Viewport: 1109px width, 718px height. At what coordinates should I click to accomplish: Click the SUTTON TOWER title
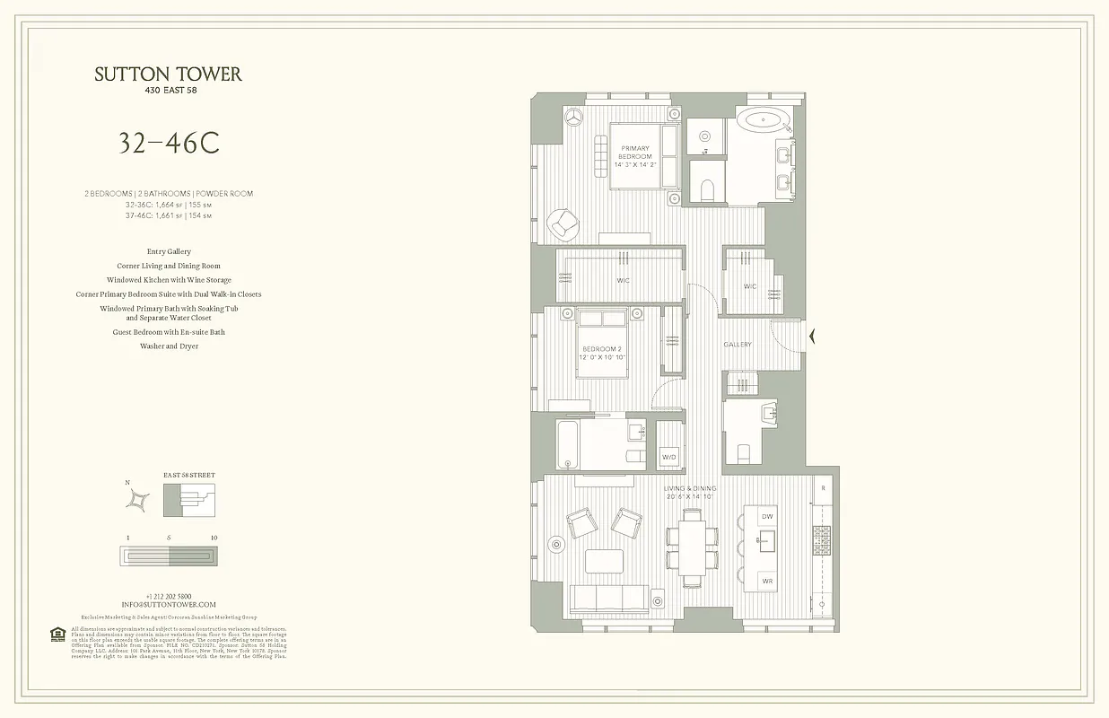(168, 74)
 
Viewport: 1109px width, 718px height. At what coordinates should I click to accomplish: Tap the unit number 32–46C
(169, 143)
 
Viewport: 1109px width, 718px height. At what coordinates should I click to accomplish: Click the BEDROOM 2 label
(601, 353)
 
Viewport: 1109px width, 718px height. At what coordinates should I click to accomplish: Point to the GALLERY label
(738, 345)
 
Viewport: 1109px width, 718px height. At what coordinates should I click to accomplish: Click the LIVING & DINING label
(690, 492)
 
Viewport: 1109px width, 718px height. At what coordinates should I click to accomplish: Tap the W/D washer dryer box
(669, 457)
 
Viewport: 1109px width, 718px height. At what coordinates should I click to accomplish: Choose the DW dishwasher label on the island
(767, 517)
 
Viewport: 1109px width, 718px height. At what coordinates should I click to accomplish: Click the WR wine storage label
(767, 581)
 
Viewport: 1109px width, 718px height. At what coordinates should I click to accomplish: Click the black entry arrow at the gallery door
(813, 337)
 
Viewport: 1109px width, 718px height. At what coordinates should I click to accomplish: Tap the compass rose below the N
(138, 504)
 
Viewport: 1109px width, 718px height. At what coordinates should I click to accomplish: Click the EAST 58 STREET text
(188, 475)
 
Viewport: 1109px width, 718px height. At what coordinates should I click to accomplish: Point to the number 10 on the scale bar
(213, 538)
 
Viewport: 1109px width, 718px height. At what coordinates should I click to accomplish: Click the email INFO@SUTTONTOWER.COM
(169, 605)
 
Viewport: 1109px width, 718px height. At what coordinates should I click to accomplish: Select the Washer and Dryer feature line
(169, 346)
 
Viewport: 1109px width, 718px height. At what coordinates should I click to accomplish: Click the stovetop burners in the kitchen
(822, 539)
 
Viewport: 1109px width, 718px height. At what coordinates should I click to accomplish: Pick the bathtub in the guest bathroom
(568, 444)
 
